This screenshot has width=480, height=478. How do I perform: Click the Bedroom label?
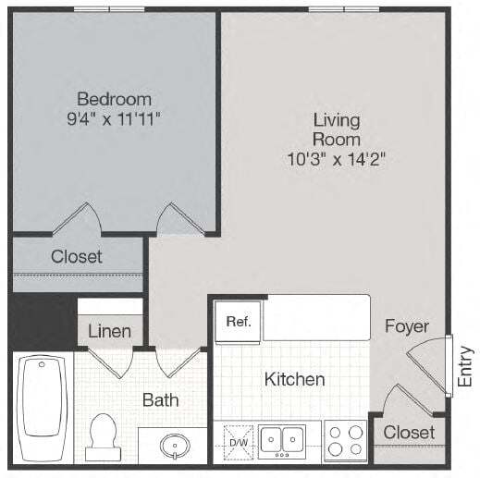(x=114, y=98)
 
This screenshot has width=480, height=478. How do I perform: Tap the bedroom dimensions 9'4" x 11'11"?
(x=114, y=118)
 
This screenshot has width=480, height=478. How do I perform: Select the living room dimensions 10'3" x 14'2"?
(x=336, y=159)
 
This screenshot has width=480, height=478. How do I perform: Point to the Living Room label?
(x=336, y=129)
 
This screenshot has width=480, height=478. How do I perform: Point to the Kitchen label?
(x=294, y=379)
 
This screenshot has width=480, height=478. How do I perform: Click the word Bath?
(x=160, y=400)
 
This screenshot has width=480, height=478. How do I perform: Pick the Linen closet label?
(x=109, y=331)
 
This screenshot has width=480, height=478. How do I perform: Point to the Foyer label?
(x=407, y=326)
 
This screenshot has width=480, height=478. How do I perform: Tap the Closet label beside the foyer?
(x=409, y=433)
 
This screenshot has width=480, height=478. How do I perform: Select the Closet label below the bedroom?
(x=77, y=256)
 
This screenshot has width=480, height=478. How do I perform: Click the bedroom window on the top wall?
(x=110, y=8)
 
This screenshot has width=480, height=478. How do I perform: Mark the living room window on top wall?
(x=345, y=8)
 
